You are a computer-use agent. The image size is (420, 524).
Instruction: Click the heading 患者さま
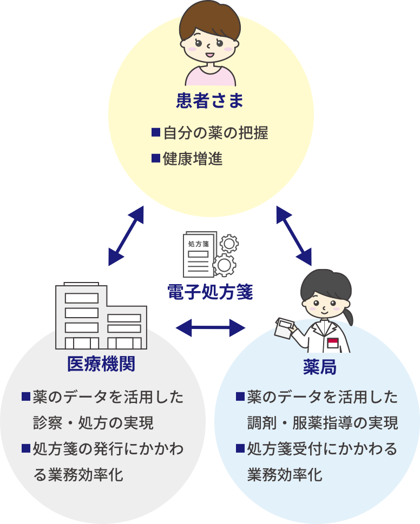pos(210,101)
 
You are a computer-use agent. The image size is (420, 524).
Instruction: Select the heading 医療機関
pos(101,364)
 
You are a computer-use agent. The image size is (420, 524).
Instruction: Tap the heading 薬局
pos(319,367)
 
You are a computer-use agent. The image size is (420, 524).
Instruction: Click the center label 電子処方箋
pos(210,293)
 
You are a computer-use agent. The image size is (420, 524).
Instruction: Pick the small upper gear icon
pos(229,243)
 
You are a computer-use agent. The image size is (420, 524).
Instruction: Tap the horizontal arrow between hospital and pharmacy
pos(211,327)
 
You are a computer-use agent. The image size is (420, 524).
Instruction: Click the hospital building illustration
pos(101,317)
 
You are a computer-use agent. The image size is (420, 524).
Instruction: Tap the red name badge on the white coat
pos(333,342)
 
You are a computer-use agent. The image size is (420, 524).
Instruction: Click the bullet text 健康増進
pos(193,159)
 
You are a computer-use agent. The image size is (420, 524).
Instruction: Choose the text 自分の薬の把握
pos(215,132)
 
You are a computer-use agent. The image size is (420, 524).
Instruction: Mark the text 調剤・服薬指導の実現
pos(323,422)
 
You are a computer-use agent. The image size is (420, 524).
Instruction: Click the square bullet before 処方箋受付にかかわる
pos(240,448)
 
